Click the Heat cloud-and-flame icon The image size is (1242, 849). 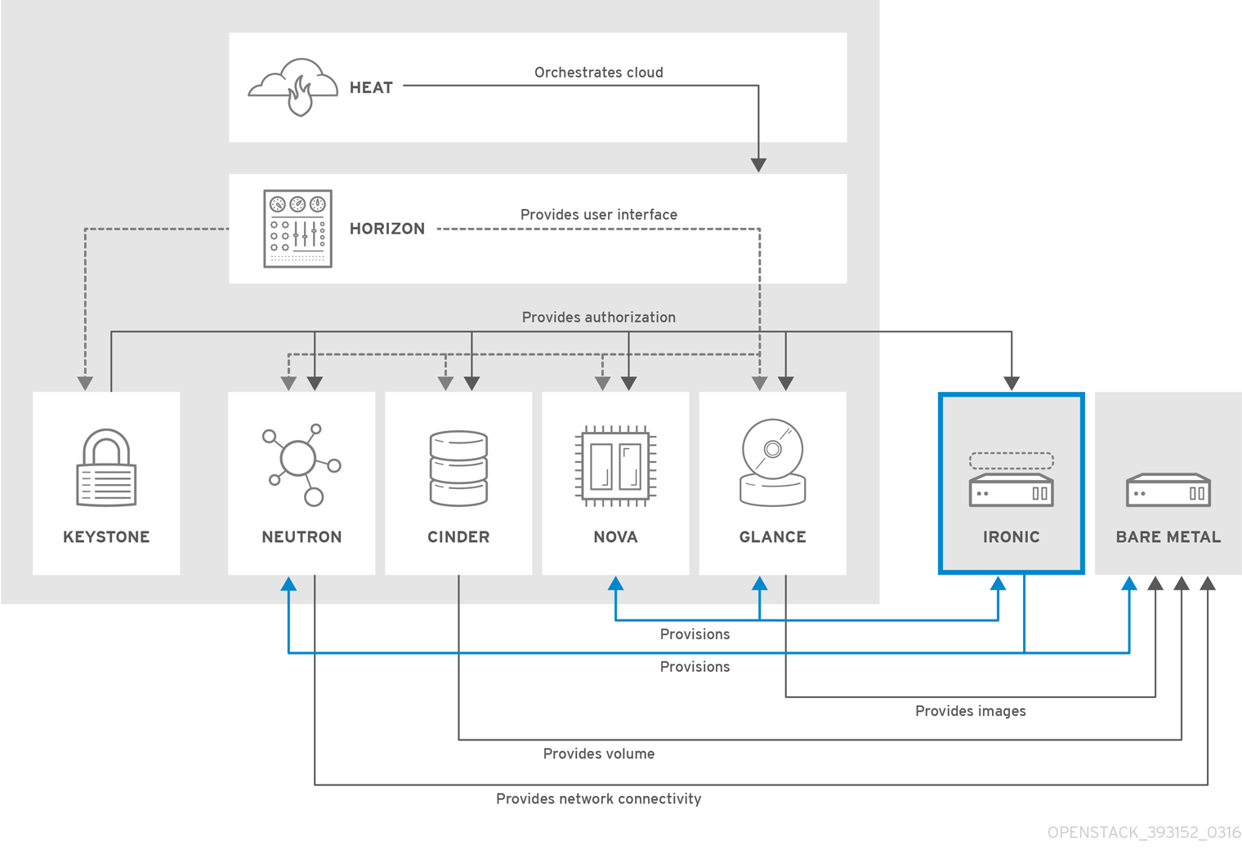[x=293, y=87]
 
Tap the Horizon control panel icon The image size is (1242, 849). [x=297, y=229]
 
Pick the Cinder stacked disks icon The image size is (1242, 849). [x=458, y=468]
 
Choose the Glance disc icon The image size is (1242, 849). [x=773, y=463]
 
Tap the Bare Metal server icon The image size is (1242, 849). [x=1168, y=490]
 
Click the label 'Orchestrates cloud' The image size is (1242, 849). [x=599, y=73]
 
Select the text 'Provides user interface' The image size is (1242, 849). [x=599, y=215]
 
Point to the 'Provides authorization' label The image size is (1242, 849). [x=599, y=318]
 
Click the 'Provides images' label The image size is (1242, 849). [x=970, y=711]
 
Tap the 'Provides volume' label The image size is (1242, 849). [x=599, y=754]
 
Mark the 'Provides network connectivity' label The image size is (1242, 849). [x=599, y=799]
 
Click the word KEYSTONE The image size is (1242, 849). [x=106, y=537]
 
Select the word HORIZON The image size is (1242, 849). [x=387, y=229]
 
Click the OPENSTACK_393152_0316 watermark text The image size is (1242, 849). [x=1144, y=833]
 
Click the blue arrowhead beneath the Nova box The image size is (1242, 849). [x=616, y=584]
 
